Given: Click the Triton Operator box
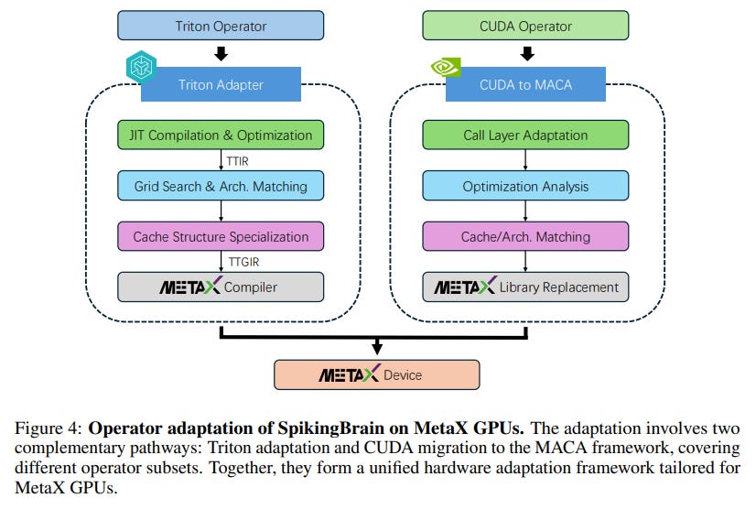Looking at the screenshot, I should (220, 26).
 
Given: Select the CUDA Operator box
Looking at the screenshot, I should (525, 26).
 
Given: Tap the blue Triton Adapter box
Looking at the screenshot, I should (221, 85).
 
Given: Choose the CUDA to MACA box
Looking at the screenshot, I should (525, 85).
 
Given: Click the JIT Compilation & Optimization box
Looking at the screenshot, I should (220, 135).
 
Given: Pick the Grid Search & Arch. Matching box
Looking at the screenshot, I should (220, 186).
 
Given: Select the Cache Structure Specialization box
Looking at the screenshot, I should (220, 236).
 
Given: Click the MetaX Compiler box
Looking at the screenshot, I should (220, 287).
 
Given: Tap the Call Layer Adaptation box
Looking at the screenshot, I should (525, 135).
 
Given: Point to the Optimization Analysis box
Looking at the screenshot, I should (525, 186).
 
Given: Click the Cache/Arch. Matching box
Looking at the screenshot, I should (525, 236).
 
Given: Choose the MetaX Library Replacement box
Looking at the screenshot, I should (525, 287).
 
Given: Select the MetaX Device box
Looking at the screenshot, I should (376, 374).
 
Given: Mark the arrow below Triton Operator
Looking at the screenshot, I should (220, 54).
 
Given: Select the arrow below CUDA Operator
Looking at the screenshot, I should (525, 54).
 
